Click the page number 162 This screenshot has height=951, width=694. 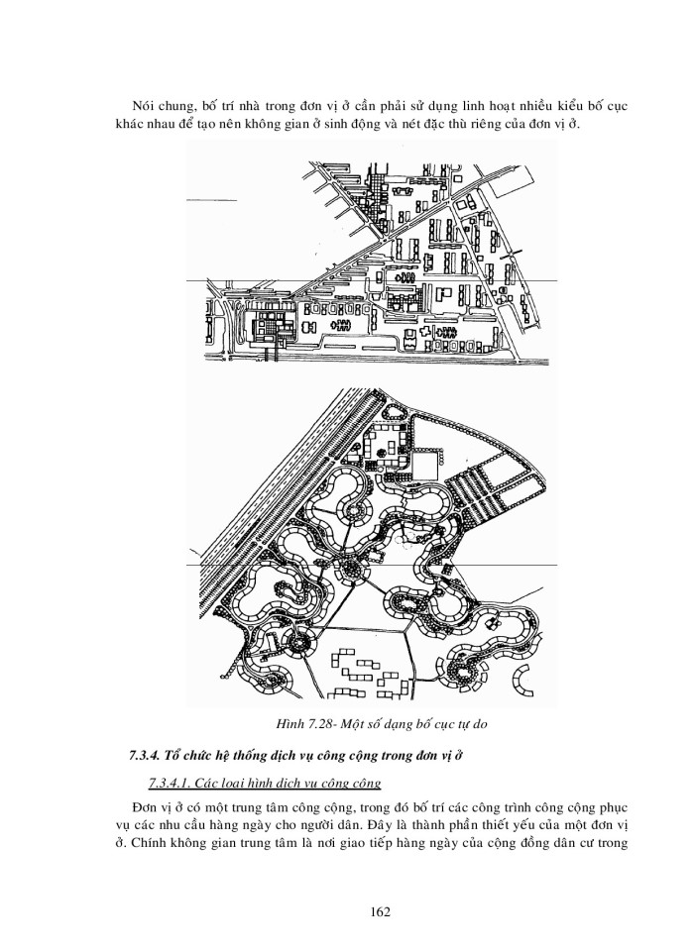pyautogui.click(x=348, y=909)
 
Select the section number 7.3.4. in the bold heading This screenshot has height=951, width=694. pyautogui.click(x=151, y=755)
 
